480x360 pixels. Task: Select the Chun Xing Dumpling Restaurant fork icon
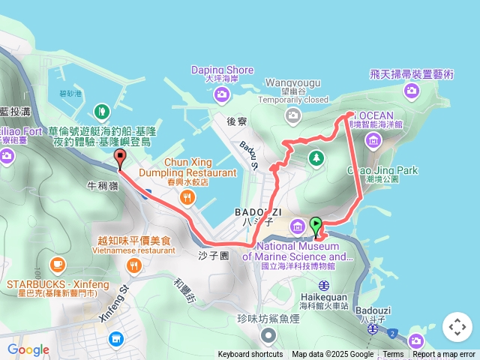187,198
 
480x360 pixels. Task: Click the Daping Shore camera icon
221,94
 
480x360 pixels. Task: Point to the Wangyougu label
293,82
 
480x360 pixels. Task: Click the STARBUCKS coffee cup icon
58,264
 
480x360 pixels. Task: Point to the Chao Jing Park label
382,170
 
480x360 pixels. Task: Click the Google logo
28,349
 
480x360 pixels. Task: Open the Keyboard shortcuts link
251,355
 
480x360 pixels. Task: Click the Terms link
393,355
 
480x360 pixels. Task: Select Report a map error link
445,355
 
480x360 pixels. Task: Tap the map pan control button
457,327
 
